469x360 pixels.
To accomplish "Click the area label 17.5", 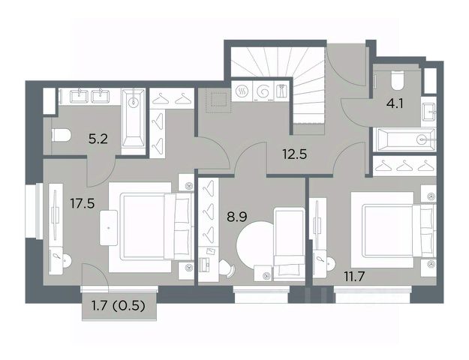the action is (x=83, y=203).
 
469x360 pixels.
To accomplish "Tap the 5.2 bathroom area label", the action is (x=98, y=139).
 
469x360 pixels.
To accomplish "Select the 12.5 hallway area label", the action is (x=295, y=154).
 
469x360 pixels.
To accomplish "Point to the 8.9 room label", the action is (x=237, y=217).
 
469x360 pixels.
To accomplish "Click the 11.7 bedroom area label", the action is (x=354, y=277).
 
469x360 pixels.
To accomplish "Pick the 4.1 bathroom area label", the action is (x=395, y=103).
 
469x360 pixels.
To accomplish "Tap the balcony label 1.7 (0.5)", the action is (x=119, y=305).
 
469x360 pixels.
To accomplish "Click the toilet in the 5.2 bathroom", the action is (x=62, y=136).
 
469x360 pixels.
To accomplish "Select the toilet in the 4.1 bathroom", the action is (x=398, y=80).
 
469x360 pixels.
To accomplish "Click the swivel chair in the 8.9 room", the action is (x=227, y=268).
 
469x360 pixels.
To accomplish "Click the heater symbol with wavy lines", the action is (x=242, y=91).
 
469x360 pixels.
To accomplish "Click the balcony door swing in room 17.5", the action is (x=95, y=274).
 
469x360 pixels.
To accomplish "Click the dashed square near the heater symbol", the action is (x=218, y=99).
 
